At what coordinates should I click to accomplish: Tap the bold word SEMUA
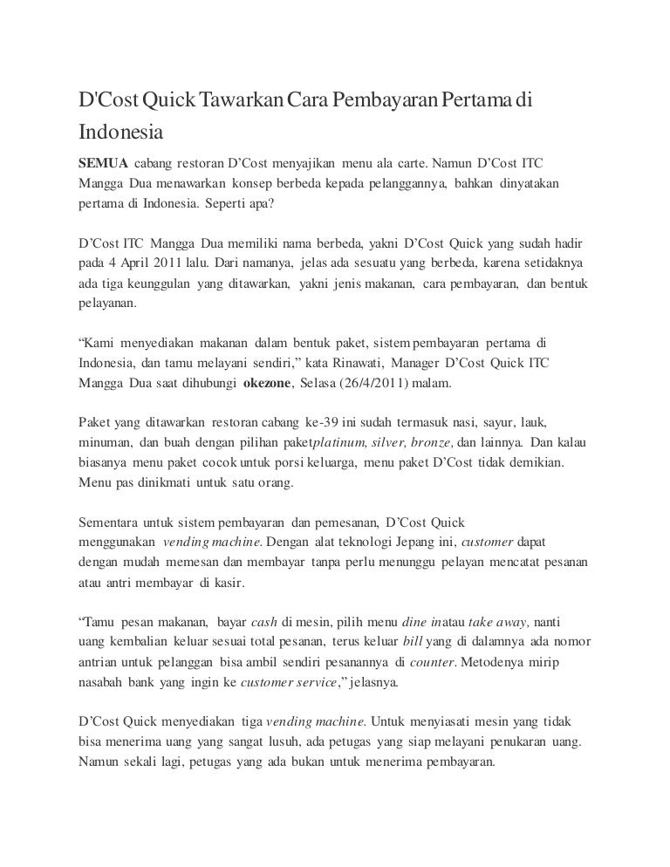pyautogui.click(x=103, y=164)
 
